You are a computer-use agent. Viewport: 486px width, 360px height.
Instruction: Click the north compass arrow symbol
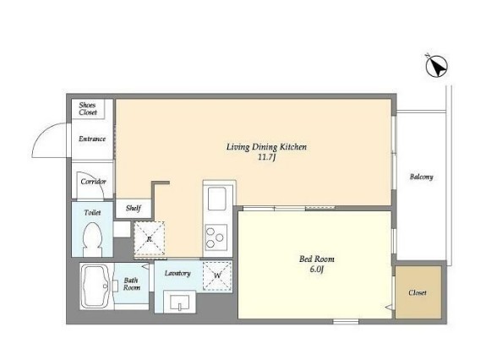(x=436, y=66)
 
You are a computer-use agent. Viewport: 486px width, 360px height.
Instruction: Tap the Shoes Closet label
(x=88, y=109)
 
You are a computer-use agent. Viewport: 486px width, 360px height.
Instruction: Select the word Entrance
(x=92, y=139)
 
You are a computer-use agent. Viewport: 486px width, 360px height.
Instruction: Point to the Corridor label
(x=93, y=182)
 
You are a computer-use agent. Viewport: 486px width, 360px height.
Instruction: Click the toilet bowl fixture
(x=92, y=239)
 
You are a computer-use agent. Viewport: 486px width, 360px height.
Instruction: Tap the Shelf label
(x=134, y=208)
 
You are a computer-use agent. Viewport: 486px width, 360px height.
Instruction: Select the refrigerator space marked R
(x=150, y=238)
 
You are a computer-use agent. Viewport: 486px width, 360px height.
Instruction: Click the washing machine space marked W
(x=217, y=276)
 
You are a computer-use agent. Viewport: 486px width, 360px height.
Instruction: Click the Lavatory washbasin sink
(x=179, y=302)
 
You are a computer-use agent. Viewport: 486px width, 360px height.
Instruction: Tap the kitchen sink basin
(x=217, y=199)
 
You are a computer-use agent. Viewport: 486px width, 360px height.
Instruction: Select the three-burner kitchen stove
(x=216, y=238)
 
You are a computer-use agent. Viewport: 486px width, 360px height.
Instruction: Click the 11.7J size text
(x=267, y=157)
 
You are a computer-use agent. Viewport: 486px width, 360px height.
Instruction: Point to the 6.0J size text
(x=316, y=270)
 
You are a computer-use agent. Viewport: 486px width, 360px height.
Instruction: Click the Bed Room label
(x=317, y=259)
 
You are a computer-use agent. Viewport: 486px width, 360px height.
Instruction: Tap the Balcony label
(x=422, y=177)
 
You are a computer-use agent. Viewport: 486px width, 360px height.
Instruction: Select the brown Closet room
(x=418, y=292)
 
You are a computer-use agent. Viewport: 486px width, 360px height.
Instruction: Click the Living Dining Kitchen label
(x=266, y=147)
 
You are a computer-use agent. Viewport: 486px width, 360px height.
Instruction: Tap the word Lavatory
(x=177, y=273)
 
